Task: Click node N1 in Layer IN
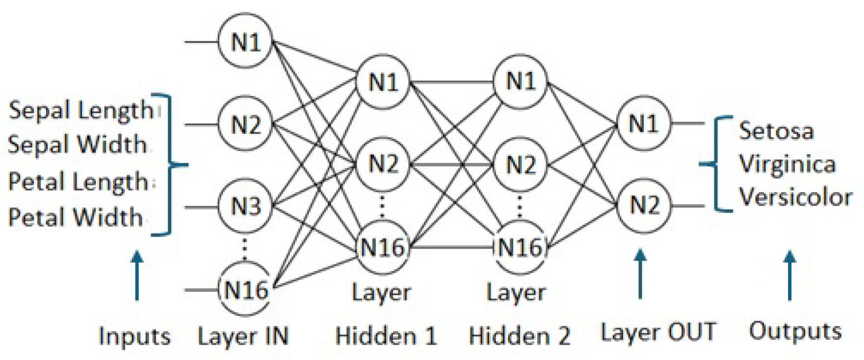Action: point(245,42)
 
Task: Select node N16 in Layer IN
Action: point(245,290)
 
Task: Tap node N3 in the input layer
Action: point(245,206)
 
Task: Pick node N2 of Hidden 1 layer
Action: point(383,164)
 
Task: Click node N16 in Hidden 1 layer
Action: point(383,247)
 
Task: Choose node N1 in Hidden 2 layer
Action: point(521,81)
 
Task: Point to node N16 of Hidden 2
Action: point(521,247)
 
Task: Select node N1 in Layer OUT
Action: point(643,123)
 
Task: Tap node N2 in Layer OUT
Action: point(643,205)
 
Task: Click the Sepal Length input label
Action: point(81,110)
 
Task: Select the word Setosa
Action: point(776,131)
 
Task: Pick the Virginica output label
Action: point(786,164)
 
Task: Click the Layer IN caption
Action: point(243,336)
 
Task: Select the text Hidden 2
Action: point(520,336)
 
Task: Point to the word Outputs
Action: point(794,331)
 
